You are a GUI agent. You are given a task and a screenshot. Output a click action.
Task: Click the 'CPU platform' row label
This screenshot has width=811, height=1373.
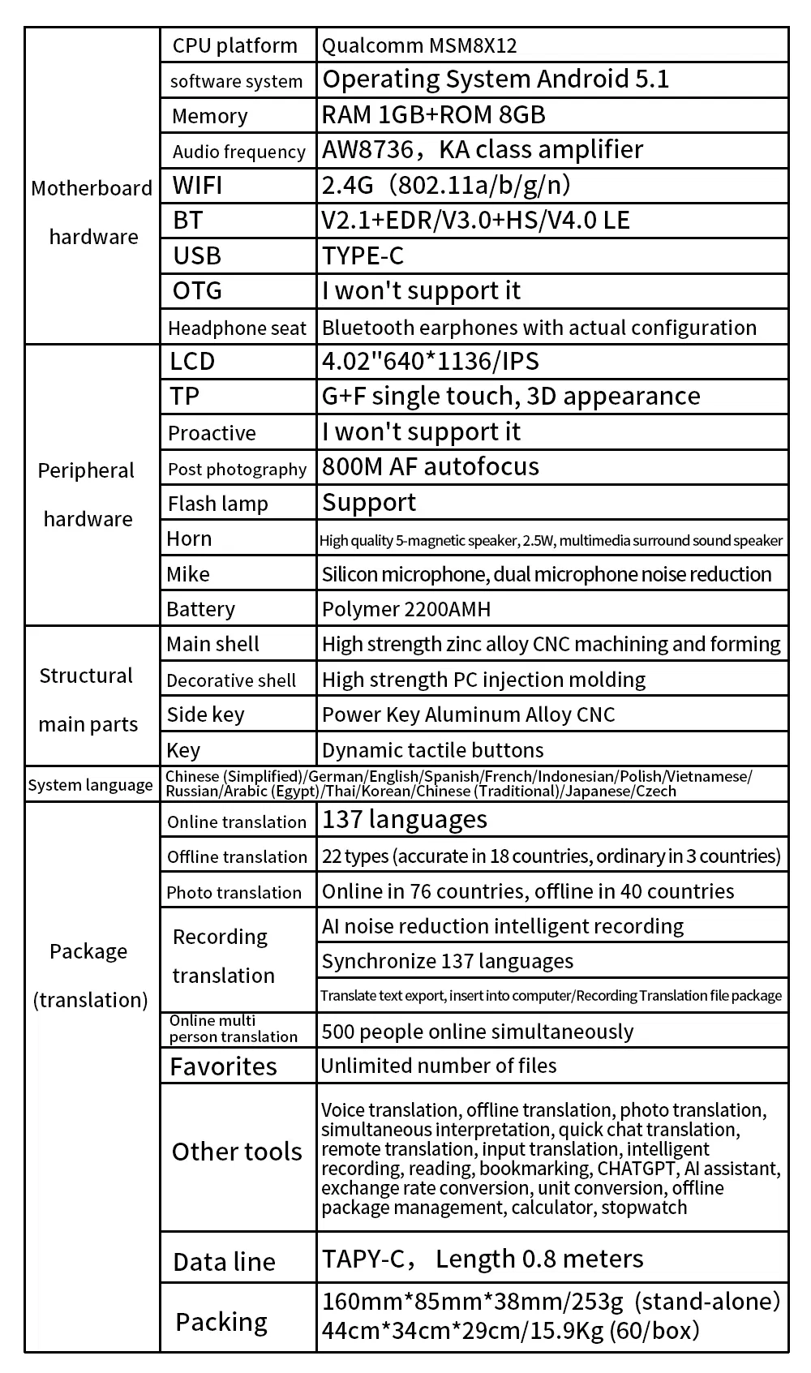(x=234, y=45)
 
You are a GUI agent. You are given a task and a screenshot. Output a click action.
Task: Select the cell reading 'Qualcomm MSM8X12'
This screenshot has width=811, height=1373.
(x=419, y=45)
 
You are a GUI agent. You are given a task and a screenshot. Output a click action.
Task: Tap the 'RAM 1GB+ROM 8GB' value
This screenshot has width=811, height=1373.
(x=433, y=114)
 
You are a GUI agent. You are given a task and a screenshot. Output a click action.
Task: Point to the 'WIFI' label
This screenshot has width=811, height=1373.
(x=197, y=186)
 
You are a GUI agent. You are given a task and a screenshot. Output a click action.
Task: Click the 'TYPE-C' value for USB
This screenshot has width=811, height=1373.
(x=363, y=255)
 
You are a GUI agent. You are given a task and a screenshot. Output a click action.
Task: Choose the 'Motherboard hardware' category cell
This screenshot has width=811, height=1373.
(x=92, y=212)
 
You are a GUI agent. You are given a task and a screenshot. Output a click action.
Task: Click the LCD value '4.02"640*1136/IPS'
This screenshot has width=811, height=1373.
(x=430, y=361)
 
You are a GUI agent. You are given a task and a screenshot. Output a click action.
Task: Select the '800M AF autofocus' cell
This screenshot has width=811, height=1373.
(x=430, y=466)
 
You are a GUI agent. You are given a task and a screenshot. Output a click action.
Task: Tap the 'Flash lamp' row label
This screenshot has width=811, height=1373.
(x=217, y=504)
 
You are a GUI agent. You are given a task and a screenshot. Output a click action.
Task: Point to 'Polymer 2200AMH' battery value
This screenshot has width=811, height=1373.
(x=405, y=609)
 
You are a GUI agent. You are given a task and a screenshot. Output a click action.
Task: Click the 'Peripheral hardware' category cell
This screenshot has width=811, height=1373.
(x=87, y=494)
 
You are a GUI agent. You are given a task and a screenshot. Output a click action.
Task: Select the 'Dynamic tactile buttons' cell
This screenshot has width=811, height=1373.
(x=432, y=750)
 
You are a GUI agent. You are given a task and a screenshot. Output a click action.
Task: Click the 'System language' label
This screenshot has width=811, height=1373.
(x=90, y=785)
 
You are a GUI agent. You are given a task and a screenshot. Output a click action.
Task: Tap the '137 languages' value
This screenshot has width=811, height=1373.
(x=404, y=820)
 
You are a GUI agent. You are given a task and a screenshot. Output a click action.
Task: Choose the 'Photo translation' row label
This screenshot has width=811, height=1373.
(x=234, y=892)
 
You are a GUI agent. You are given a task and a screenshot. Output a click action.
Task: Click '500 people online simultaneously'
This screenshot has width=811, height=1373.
(x=477, y=1032)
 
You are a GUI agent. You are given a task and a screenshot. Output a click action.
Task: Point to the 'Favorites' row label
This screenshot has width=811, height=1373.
(x=223, y=1066)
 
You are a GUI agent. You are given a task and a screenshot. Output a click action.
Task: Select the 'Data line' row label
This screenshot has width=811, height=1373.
(x=224, y=1262)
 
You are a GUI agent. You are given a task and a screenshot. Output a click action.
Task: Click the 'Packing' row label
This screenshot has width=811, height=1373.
(x=221, y=1322)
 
